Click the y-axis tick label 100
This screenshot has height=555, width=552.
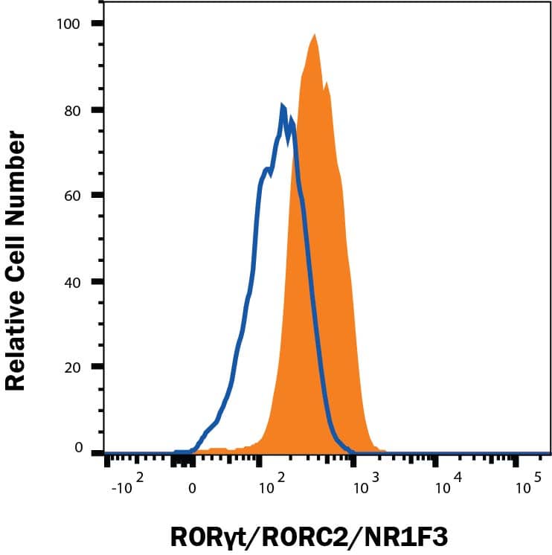[69, 24]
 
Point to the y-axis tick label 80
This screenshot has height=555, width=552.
[73, 110]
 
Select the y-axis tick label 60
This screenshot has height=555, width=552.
[73, 196]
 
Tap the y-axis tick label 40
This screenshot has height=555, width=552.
[73, 281]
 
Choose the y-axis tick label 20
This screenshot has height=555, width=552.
[73, 367]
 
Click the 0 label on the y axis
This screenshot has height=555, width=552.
[77, 448]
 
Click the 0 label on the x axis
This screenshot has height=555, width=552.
[192, 489]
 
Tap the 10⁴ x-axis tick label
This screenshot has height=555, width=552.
[446, 487]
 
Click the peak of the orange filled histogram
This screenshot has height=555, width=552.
[315, 35]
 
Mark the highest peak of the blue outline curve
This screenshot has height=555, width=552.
[283, 106]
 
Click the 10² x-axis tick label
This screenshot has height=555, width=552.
[273, 487]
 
